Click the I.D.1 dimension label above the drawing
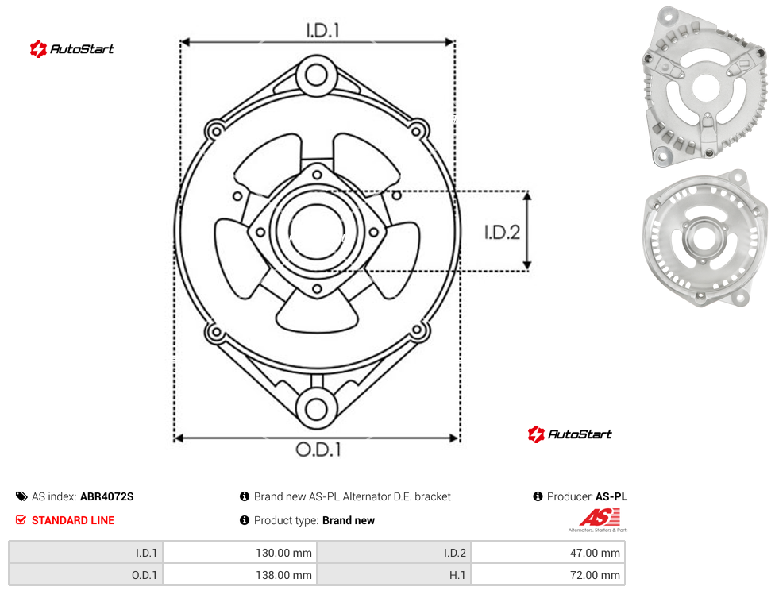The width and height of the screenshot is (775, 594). (322, 31)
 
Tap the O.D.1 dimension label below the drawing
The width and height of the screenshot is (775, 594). (318, 449)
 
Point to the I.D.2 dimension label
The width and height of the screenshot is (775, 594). (502, 232)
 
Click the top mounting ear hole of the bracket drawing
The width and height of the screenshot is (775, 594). (316, 75)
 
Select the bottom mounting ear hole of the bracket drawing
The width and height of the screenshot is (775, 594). (316, 409)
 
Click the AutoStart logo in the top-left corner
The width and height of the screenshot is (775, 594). (71, 49)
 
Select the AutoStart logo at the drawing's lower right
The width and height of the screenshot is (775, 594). (569, 434)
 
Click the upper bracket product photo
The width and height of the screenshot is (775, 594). (705, 87)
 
